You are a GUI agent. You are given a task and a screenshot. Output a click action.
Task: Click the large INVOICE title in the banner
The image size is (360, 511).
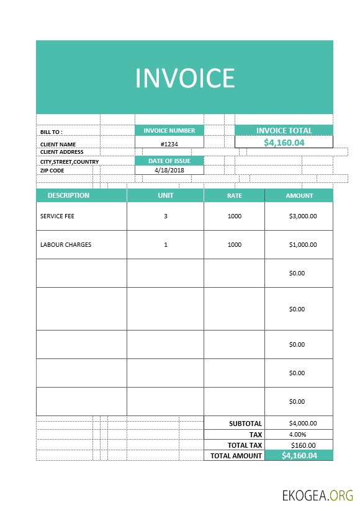tap(185, 78)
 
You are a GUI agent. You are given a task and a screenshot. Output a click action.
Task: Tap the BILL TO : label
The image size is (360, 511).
tap(52, 132)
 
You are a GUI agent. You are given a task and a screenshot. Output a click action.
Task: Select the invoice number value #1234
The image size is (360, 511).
tap(169, 144)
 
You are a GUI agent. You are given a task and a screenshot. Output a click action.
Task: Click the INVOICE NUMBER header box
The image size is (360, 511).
tap(169, 131)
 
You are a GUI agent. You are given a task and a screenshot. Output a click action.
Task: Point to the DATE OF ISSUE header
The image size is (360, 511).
tap(169, 161)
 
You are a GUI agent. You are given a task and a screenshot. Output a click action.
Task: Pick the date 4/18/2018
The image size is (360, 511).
tap(169, 170)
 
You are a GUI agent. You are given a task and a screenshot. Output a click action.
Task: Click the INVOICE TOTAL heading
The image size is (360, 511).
tap(284, 131)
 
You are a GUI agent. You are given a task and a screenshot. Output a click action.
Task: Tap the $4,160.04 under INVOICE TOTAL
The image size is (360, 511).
tap(284, 143)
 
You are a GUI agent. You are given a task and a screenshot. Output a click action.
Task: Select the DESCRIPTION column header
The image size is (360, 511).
tap(68, 195)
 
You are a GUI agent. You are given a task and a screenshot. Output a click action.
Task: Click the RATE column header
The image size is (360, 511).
tap(234, 195)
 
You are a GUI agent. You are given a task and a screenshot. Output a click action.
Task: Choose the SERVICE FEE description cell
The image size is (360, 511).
tap(57, 216)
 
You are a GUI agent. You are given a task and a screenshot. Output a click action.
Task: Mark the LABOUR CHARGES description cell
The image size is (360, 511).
tap(66, 244)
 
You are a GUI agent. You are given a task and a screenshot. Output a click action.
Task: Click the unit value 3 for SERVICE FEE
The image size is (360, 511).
tap(166, 216)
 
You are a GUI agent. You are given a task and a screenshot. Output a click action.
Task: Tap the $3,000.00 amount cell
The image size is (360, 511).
tap(303, 216)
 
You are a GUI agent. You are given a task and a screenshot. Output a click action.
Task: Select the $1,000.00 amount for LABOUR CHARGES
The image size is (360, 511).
tap(303, 244)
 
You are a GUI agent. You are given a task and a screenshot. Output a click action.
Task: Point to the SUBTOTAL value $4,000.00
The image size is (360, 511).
tap(303, 424)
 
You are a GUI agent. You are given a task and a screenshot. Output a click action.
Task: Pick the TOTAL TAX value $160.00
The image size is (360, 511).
tap(303, 445)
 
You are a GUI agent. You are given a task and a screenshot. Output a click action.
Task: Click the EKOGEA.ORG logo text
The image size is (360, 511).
tap(317, 495)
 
